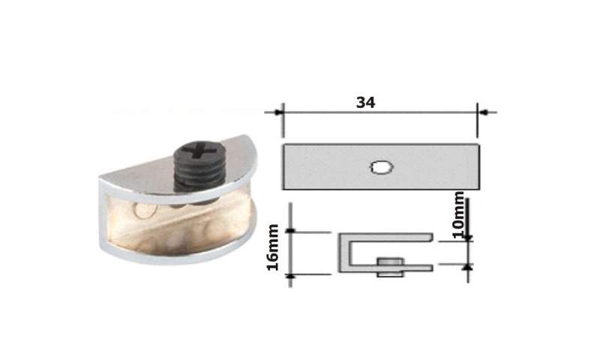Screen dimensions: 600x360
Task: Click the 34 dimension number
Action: point(365,103)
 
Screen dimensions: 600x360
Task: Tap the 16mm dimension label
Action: point(273,247)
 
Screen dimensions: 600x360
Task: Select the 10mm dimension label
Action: point(458,214)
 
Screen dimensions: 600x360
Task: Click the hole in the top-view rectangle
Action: point(382,167)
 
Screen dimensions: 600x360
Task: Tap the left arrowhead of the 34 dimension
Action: point(278,112)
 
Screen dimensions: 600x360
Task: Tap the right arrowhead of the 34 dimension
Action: point(483,112)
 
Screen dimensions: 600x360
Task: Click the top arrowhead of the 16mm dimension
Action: point(290,230)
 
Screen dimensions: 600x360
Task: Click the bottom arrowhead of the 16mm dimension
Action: point(290,276)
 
